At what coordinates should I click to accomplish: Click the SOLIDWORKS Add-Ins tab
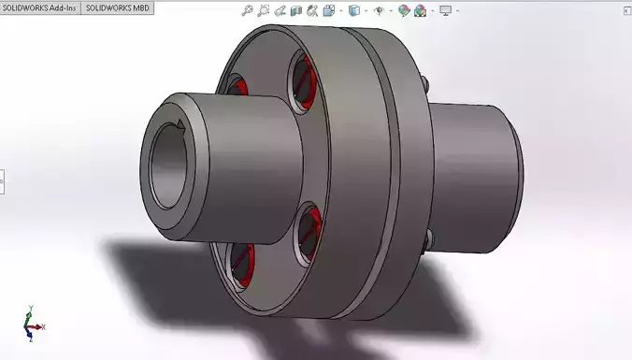[39, 7]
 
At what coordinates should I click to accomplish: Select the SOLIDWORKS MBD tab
[118, 7]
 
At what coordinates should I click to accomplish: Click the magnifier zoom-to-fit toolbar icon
[247, 11]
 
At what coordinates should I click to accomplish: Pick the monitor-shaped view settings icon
[446, 11]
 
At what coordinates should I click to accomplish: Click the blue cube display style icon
[354, 11]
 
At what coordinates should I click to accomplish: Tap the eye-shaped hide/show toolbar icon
[379, 11]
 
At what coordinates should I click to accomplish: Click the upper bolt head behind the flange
[425, 85]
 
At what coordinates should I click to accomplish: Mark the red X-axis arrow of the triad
[43, 326]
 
